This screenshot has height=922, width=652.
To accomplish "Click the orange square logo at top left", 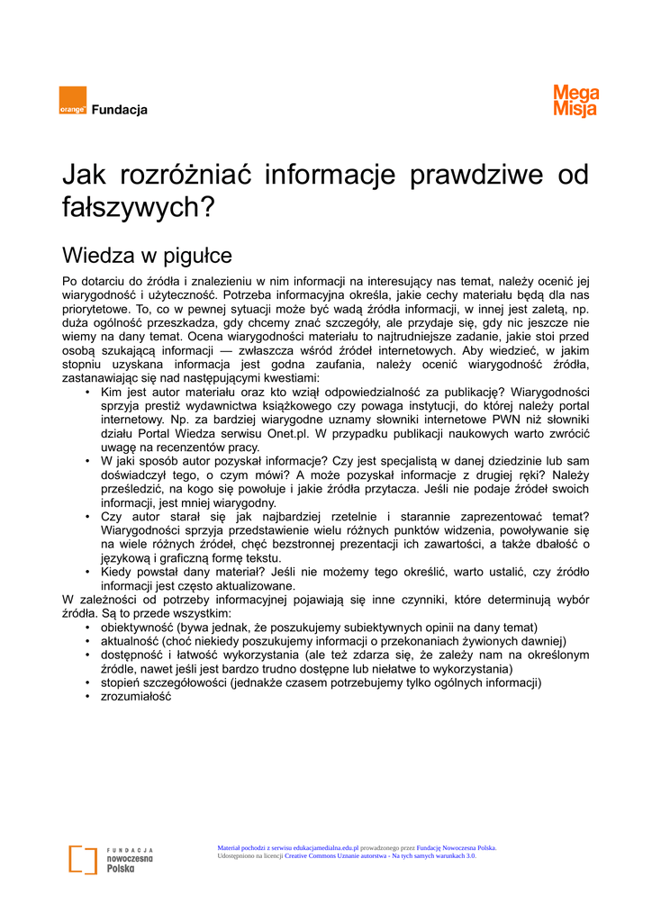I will tap(73, 100).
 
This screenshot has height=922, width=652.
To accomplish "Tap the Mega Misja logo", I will tap(576, 101).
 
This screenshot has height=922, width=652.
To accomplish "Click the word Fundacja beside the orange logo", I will tap(120, 110).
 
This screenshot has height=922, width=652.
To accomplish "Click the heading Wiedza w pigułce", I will tap(147, 256).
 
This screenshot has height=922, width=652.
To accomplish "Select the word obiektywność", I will tap(137, 628).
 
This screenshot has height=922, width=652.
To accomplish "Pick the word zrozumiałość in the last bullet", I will tap(136, 697).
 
